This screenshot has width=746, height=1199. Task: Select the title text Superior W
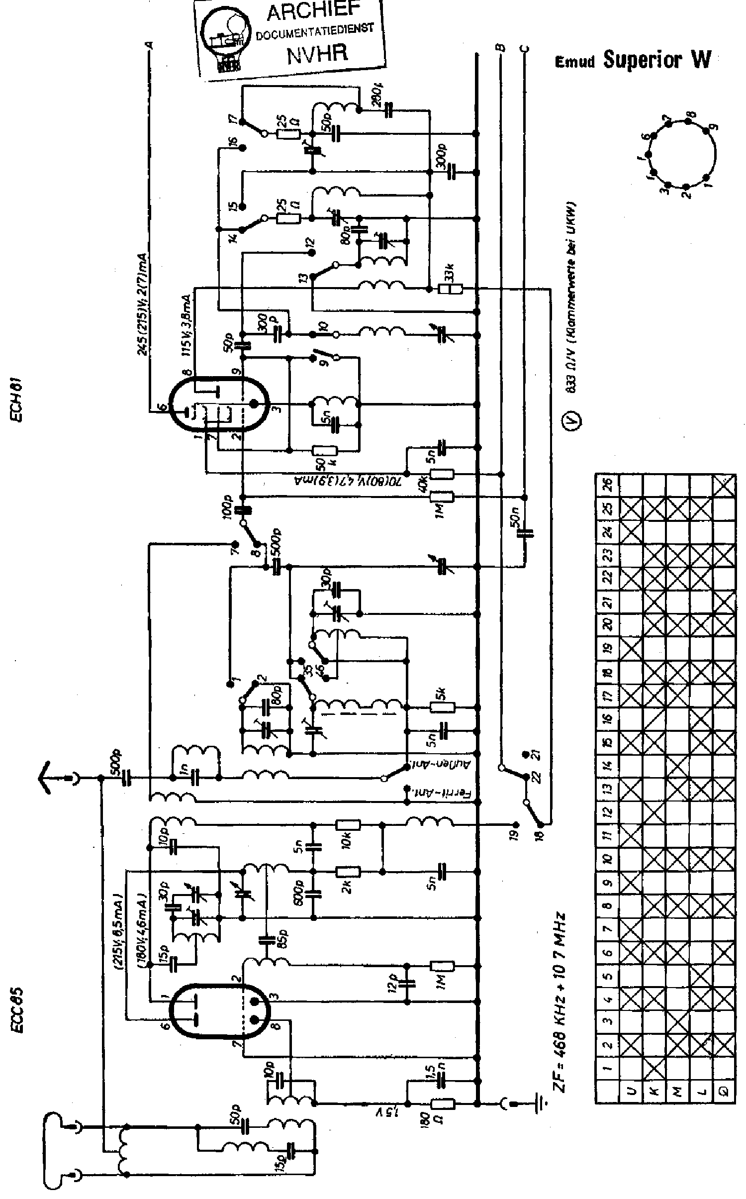click(657, 60)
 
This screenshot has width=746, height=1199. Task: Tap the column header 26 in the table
click(608, 485)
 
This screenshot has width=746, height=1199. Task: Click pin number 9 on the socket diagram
click(715, 127)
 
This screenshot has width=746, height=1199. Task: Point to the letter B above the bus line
click(501, 48)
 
